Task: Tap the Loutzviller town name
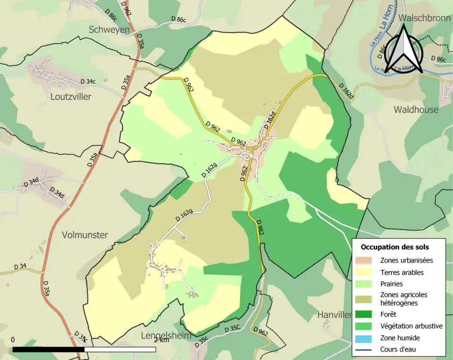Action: click(x=70, y=97)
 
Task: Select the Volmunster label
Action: click(x=85, y=234)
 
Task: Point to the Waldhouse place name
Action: click(x=416, y=109)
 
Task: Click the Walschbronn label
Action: click(x=425, y=18)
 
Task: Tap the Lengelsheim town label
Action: click(x=167, y=335)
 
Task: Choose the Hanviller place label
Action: click(x=335, y=315)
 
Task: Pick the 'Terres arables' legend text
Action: click(x=402, y=272)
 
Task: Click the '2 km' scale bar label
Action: click(x=161, y=340)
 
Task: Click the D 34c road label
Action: click(x=88, y=81)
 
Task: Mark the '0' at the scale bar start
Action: click(x=12, y=340)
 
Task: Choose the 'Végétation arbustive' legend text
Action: click(x=411, y=326)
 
